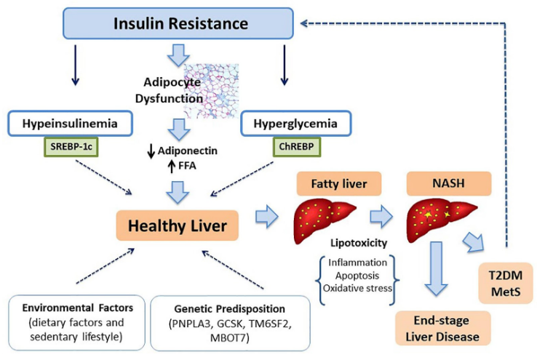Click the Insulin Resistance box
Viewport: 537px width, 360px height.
[178, 23]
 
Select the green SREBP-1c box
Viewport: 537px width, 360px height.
[71, 147]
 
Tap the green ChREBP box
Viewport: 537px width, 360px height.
[297, 147]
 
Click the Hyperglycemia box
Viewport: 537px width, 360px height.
[296, 123]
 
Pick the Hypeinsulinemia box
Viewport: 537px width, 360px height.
[70, 123]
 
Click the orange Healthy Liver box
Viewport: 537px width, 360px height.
[178, 225]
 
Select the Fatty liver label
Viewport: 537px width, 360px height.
[339, 184]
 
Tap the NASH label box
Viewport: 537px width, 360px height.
[449, 183]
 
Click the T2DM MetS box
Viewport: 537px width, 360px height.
[506, 284]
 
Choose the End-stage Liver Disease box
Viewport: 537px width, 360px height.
[443, 328]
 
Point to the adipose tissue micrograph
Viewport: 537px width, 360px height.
[211, 91]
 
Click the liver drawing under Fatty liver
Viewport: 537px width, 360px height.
[325, 221]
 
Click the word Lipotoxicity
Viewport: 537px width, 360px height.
[359, 243]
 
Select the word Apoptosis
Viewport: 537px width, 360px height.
[357, 276]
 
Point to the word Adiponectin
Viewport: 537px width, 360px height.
[187, 151]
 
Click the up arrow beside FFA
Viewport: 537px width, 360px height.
[172, 167]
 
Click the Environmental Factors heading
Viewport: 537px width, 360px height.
[78, 308]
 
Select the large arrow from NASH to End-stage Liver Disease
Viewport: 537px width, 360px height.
[436, 268]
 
